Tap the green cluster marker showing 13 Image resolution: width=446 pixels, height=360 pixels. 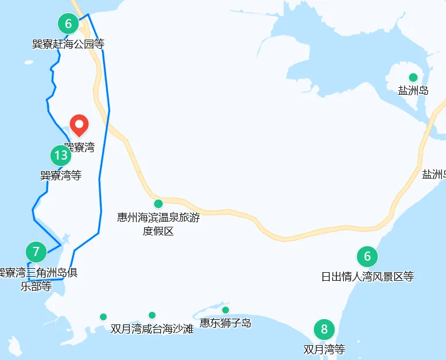click(x=60, y=155)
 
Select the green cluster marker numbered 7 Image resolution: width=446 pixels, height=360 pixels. click(x=36, y=251)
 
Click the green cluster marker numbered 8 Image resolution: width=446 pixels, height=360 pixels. click(x=324, y=330)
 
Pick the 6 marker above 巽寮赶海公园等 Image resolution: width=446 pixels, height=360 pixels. click(x=68, y=24)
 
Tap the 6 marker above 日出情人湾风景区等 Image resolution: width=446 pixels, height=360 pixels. click(x=367, y=257)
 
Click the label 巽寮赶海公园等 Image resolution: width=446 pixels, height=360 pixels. click(x=68, y=44)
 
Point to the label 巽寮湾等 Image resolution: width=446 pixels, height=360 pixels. click(x=61, y=175)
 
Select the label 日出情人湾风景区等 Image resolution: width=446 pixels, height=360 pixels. click(x=367, y=277)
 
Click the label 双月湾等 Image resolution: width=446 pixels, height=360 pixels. click(x=324, y=349)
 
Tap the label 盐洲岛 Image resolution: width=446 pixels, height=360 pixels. click(x=413, y=91)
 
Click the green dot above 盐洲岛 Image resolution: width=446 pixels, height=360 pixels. click(x=413, y=78)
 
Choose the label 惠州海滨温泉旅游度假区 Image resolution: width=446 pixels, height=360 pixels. click(x=158, y=224)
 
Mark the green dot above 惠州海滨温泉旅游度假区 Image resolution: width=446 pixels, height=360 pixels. click(x=158, y=204)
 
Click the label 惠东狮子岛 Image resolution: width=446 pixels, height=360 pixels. click(x=226, y=323)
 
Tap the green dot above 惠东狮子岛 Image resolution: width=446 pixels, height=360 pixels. click(x=226, y=310)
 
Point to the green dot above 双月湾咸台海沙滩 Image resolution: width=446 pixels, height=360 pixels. click(x=152, y=315)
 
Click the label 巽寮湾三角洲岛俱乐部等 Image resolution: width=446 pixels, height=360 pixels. click(x=37, y=278)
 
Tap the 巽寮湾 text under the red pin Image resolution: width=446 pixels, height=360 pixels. click(x=79, y=148)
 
